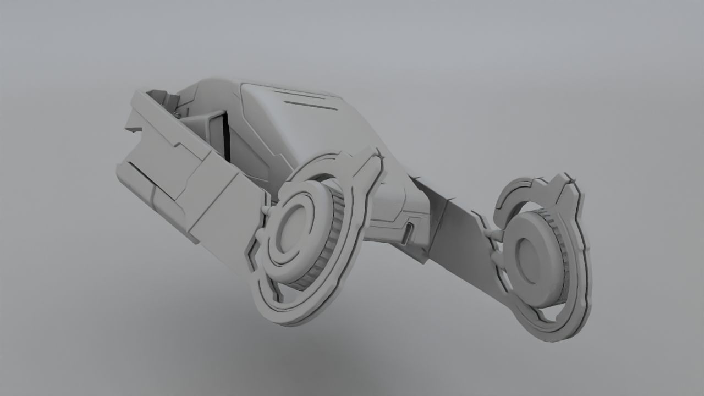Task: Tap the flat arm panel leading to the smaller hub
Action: click(x=462, y=242)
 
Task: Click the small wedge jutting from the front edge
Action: click(x=132, y=125)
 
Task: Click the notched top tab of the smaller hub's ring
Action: click(x=566, y=184)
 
